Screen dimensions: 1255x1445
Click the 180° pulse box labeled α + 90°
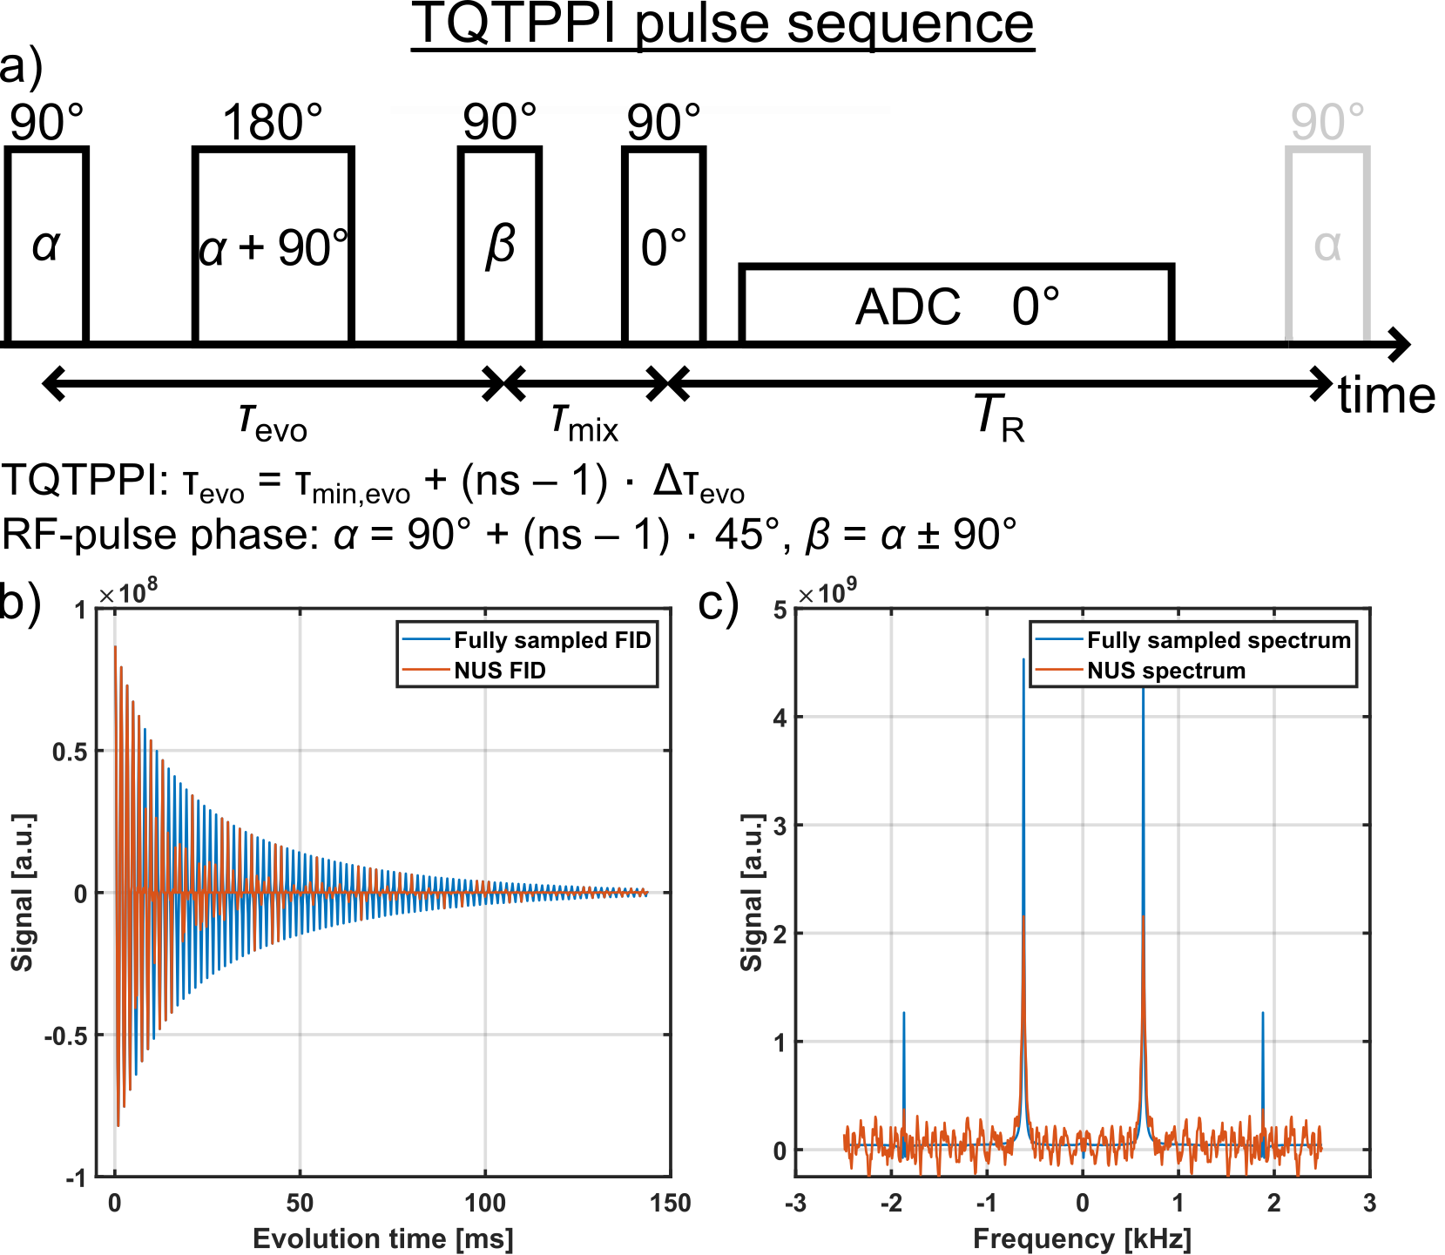[x=273, y=246]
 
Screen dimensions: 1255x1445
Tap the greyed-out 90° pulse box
[x=1327, y=246]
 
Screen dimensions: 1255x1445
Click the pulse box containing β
[x=500, y=246]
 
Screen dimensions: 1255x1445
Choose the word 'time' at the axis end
[x=1387, y=396]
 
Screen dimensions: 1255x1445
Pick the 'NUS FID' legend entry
[x=500, y=671]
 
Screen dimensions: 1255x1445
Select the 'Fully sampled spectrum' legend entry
[x=1219, y=641]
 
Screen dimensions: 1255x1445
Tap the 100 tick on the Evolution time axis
[x=484, y=1204]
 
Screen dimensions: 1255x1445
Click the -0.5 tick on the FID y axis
[x=66, y=1036]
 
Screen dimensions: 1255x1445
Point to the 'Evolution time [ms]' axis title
[x=383, y=1238]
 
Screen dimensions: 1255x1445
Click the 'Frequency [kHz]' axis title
[x=1082, y=1238]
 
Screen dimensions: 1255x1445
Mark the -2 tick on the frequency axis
[x=890, y=1204]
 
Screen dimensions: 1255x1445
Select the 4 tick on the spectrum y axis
[x=780, y=718]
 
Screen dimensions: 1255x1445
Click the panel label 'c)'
[x=719, y=603]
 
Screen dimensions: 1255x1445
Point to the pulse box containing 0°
[x=664, y=246]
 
